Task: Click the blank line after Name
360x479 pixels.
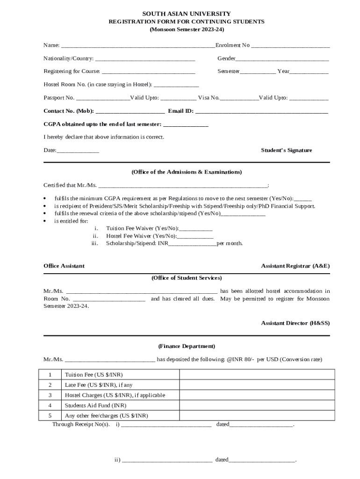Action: [138, 46]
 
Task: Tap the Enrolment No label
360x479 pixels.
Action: [232, 45]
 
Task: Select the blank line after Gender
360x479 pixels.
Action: [282, 59]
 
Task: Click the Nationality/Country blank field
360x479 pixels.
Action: [144, 59]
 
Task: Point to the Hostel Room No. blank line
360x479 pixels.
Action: [176, 85]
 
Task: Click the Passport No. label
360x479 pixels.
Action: [59, 98]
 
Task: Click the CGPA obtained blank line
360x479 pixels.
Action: [186, 124]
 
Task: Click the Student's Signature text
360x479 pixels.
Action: [286, 151]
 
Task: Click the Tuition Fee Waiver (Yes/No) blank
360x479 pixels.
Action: [196, 229]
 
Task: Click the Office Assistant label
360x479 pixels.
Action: [64, 266]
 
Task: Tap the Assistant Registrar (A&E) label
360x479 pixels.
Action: [295, 266]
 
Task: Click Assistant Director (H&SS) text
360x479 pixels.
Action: [295, 323]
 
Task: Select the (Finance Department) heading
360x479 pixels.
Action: [187, 347]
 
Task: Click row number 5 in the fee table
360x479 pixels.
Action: [50, 415]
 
